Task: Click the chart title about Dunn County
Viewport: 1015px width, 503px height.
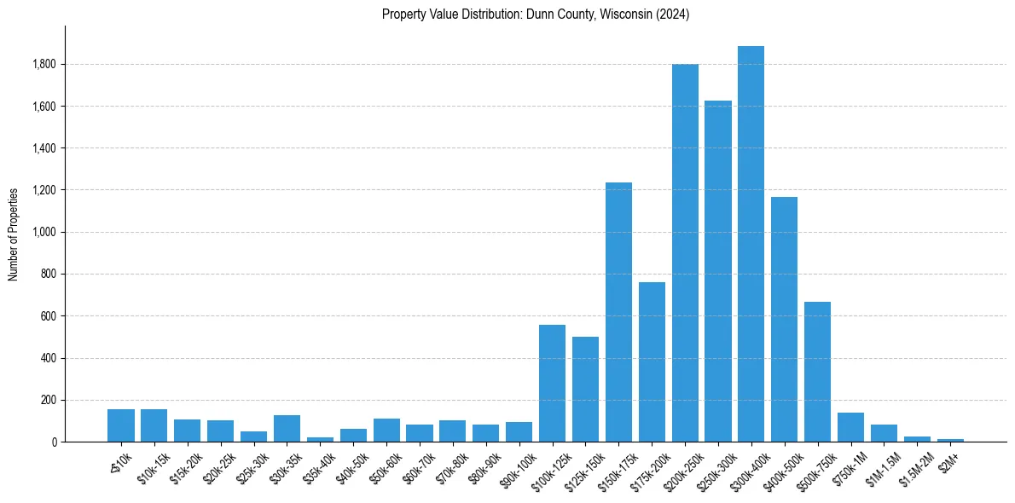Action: click(x=536, y=14)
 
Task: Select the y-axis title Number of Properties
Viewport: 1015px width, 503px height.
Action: click(x=14, y=234)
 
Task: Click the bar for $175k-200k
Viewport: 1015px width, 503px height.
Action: click(x=652, y=362)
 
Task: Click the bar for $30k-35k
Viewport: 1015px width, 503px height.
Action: click(x=287, y=429)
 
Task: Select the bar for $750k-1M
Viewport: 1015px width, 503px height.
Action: click(x=850, y=427)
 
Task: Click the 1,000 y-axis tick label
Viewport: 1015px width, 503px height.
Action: click(x=44, y=233)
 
